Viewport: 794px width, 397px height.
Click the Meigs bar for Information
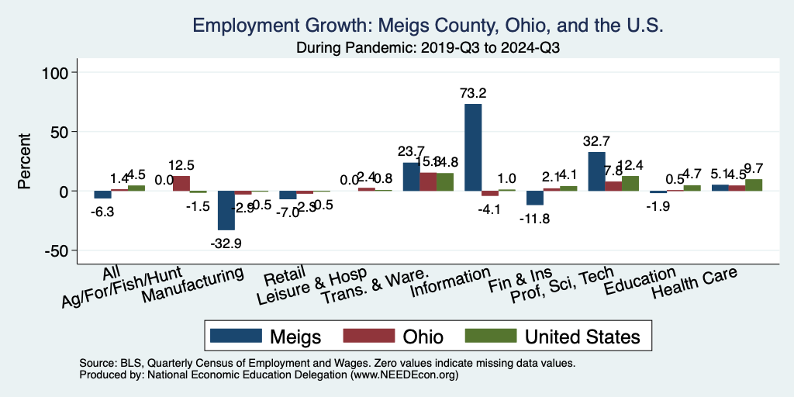click(473, 147)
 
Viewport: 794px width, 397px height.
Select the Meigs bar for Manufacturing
click(226, 210)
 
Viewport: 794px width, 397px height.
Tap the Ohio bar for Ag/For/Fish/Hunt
click(181, 183)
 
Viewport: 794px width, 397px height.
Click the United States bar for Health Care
click(754, 185)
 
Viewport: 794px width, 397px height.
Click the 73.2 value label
click(473, 93)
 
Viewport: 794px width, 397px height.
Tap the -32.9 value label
click(226, 243)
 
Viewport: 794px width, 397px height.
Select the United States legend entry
click(554, 336)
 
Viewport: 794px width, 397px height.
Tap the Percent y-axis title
click(25, 161)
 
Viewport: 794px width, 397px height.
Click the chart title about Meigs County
click(428, 25)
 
